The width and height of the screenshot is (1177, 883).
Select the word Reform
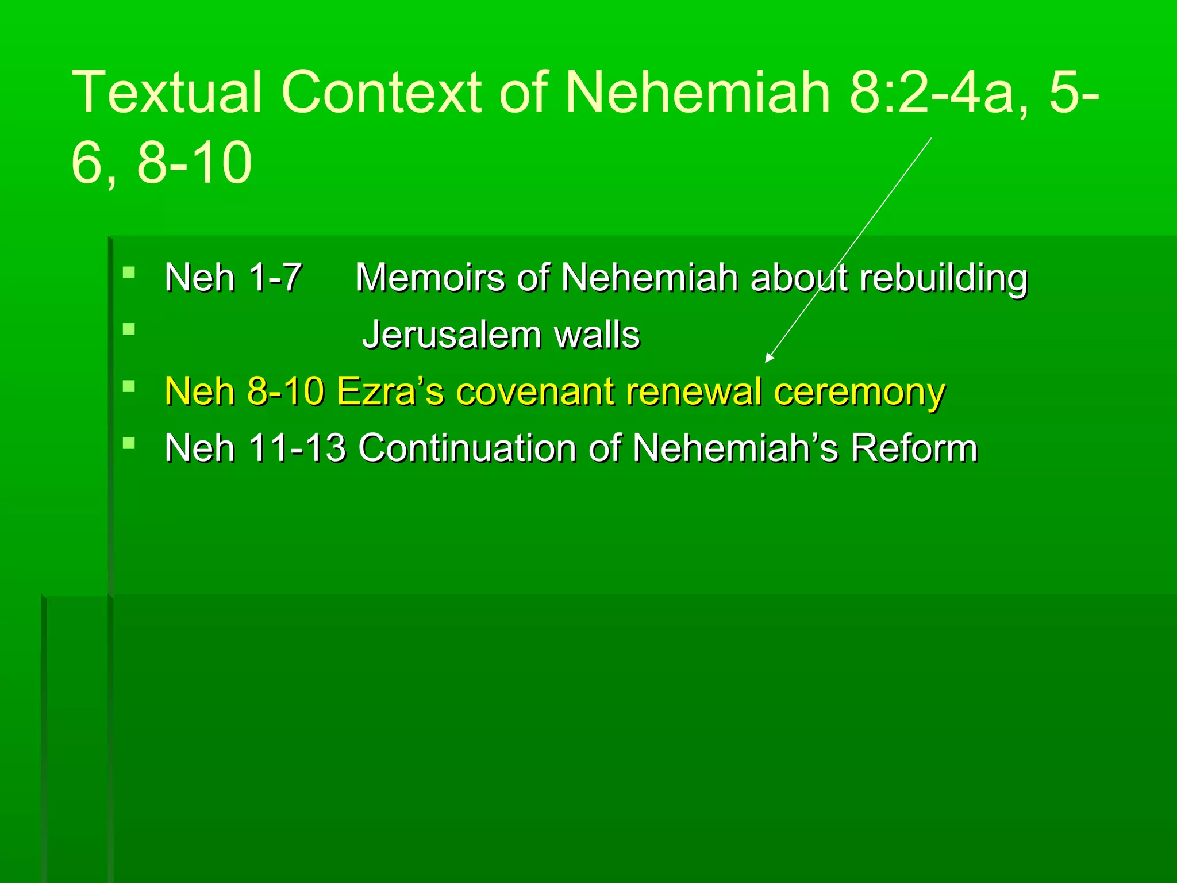coord(914,448)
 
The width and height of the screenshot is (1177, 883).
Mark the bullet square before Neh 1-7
coord(129,272)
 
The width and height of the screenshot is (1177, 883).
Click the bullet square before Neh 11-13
coord(129,443)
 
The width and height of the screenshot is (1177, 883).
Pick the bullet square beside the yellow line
coord(129,386)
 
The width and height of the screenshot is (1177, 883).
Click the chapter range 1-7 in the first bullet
coord(276,278)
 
